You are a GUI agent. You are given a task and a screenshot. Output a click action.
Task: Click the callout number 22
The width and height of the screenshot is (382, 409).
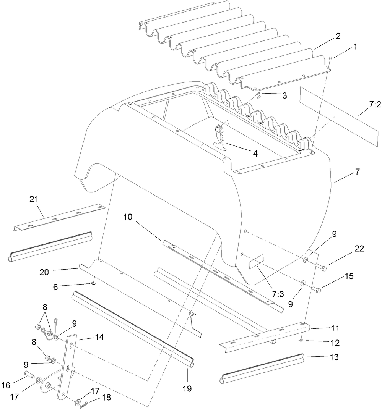point(359,249)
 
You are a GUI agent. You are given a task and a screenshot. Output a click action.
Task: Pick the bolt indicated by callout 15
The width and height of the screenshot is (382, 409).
point(316,290)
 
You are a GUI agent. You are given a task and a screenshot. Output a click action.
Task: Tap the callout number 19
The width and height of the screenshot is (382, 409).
point(187,389)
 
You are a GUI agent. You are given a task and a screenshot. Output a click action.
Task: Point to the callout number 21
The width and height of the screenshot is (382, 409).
point(34,199)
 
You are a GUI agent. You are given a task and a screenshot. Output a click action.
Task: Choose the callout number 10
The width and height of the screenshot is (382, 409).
point(128,217)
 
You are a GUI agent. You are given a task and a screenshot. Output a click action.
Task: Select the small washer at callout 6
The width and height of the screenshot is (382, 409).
point(93,283)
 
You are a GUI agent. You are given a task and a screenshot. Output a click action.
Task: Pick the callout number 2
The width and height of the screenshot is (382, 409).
point(338,36)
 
